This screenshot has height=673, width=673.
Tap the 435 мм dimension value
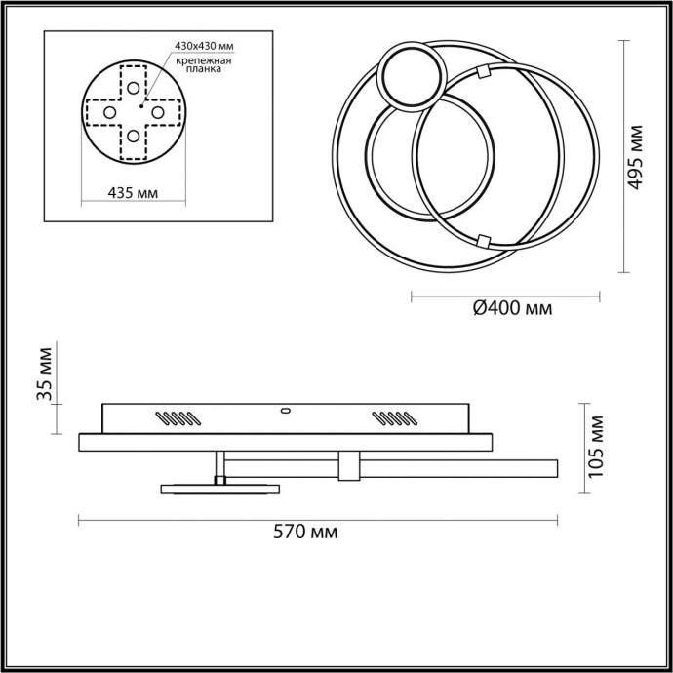(x=133, y=192)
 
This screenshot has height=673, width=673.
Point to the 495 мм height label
(x=637, y=156)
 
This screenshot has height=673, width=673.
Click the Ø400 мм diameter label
(x=511, y=309)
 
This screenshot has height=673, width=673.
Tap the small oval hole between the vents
(x=286, y=411)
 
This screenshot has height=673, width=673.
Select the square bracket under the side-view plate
(x=347, y=466)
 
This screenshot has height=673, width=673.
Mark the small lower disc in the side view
(x=219, y=488)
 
